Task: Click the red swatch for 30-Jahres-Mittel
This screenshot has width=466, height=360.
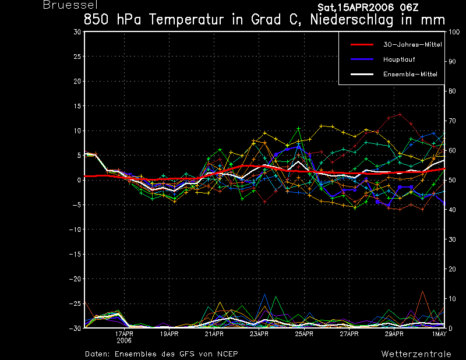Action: [x=362, y=45]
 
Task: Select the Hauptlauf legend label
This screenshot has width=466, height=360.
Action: [x=399, y=59]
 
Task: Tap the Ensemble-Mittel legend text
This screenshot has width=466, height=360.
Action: [x=410, y=75]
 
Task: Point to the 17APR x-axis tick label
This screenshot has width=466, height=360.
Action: [x=124, y=334]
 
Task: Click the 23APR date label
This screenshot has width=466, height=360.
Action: [x=259, y=334]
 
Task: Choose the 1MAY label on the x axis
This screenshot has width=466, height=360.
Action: [x=439, y=334]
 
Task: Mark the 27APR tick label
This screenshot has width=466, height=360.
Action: [x=349, y=334]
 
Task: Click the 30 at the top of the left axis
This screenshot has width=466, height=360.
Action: [x=77, y=32]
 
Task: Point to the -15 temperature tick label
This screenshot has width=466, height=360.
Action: [x=75, y=254]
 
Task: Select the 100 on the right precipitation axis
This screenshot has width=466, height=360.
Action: [x=454, y=32]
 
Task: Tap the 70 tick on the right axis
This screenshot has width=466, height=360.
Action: [x=452, y=121]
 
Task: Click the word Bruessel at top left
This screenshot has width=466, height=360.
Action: [x=70, y=5]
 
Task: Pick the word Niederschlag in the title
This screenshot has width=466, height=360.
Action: [x=352, y=20]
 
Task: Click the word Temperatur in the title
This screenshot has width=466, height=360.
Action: [x=186, y=20]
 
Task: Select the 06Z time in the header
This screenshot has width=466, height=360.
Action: [x=409, y=8]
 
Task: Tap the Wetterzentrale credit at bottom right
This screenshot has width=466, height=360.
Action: [x=416, y=354]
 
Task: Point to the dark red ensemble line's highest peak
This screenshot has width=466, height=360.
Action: [x=400, y=114]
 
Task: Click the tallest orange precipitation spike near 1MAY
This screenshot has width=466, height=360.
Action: [x=422, y=291]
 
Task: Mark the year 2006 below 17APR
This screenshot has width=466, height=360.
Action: [x=124, y=340]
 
